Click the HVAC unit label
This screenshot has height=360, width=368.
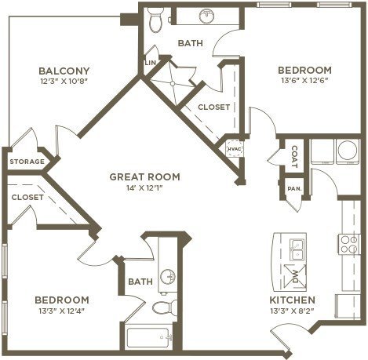pos(234,149)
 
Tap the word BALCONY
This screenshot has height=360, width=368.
pos(64,71)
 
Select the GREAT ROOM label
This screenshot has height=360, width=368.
pos(144,177)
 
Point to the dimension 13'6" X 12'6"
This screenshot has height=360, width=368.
pos(304,80)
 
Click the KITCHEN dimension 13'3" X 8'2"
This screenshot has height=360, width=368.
pos(292,311)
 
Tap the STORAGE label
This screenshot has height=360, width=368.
pos(27,162)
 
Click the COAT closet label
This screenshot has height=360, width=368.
pos(294,157)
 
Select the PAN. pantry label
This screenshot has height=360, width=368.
pos(295,188)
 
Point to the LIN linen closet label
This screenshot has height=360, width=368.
pos(151,63)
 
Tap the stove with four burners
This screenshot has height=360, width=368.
pos(349,245)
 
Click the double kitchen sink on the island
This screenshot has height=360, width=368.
pos(297,249)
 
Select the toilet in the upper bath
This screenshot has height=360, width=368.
pos(156,20)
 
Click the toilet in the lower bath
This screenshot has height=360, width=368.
pos(165,307)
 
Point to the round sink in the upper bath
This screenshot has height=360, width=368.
pos(207,16)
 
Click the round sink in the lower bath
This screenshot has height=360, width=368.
pos(168,277)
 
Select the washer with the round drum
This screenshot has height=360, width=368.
pos(348,151)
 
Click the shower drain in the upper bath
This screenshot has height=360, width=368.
pos(173,83)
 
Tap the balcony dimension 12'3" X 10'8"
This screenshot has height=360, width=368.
pos(64,81)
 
